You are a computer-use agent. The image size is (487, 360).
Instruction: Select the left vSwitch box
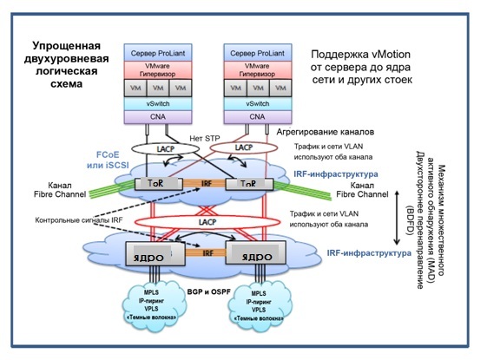tap(161, 103)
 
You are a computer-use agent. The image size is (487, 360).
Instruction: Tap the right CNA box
tap(256, 116)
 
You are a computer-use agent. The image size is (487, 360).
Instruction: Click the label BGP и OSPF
tap(207, 293)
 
